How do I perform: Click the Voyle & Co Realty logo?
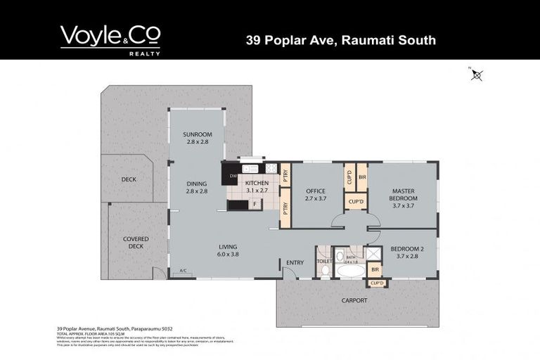(110, 39)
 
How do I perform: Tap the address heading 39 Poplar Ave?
(340, 40)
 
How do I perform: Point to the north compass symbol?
(477, 75)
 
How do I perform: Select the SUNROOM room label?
(198, 138)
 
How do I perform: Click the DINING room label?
(197, 188)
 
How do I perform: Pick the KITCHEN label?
(256, 186)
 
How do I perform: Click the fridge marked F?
(254, 205)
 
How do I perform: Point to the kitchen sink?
(250, 169)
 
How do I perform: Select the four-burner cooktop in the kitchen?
(271, 169)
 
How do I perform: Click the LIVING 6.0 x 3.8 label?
(229, 250)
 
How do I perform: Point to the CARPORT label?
(354, 300)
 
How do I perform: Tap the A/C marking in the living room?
(183, 271)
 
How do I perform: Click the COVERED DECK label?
(136, 243)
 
